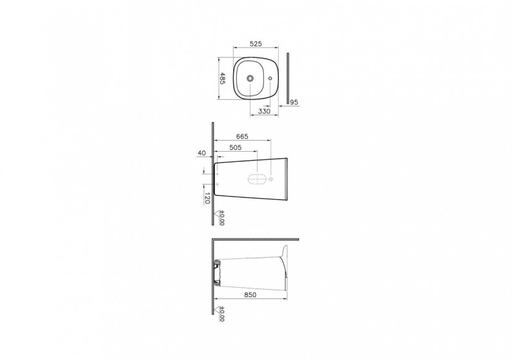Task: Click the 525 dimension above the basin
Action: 256,44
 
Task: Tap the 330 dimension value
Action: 264,111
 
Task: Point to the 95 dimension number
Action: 294,102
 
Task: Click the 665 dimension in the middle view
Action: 242,137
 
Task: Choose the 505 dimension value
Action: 235,148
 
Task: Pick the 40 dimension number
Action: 202,152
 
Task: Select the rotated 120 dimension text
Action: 208,198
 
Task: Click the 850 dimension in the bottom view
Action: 250,295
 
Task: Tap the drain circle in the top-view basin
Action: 250,78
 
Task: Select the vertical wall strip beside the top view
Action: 287,79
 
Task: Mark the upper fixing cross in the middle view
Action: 217,176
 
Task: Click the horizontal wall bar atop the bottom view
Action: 255,239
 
